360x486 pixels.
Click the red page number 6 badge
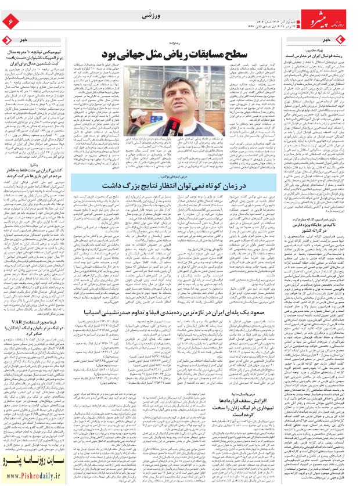point(10,21)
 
